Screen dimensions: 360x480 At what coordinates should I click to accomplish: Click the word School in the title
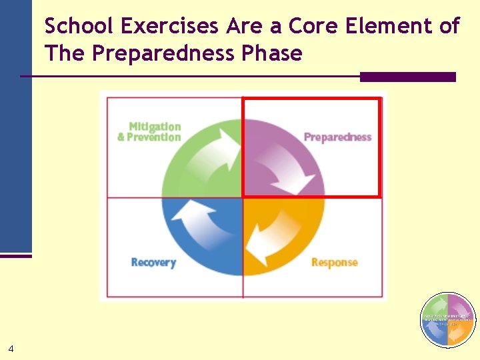pyautogui.click(x=79, y=26)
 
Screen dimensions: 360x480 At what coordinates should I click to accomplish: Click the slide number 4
pyautogui.click(x=11, y=348)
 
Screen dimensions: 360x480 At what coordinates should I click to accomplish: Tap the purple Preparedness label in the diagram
pyautogui.click(x=337, y=137)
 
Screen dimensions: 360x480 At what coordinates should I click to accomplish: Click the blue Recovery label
pyautogui.click(x=153, y=262)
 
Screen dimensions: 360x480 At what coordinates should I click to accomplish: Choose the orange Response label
pyautogui.click(x=335, y=262)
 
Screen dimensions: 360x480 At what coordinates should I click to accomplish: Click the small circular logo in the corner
pyautogui.click(x=448, y=320)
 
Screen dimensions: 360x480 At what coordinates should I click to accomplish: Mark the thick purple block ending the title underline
pyautogui.click(x=407, y=77)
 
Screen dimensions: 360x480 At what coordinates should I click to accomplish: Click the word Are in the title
pyautogui.click(x=239, y=26)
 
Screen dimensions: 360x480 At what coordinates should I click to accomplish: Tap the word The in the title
pyautogui.click(x=65, y=53)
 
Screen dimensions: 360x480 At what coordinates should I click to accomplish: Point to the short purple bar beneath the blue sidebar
pyautogui.click(x=15, y=255)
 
